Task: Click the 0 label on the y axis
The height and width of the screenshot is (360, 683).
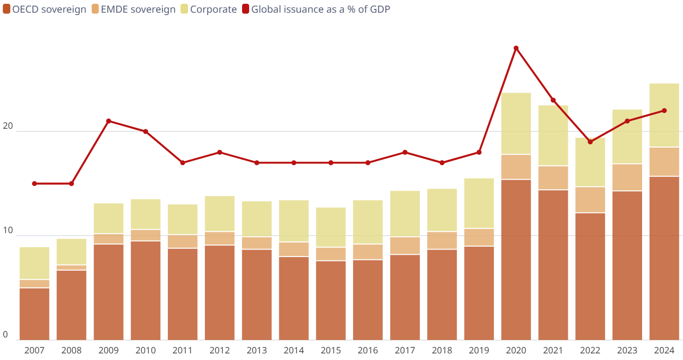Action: tap(6, 335)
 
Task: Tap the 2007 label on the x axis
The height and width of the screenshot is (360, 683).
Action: tap(34, 351)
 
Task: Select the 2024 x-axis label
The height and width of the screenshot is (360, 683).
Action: tap(664, 351)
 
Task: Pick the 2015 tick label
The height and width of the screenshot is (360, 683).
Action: tap(331, 351)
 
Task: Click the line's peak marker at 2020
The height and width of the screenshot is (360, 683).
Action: tap(516, 48)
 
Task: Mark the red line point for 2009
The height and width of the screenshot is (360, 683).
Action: tap(109, 121)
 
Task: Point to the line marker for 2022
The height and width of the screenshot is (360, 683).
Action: tap(590, 142)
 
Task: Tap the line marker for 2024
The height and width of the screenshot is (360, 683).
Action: tap(664, 110)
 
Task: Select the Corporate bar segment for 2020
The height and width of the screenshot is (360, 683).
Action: tap(516, 124)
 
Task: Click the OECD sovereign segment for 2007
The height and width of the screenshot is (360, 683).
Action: tap(34, 314)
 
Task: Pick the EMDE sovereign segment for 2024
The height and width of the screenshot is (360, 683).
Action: tap(664, 162)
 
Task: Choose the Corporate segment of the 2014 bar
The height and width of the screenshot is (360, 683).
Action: tap(294, 221)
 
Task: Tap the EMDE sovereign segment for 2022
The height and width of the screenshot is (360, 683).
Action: tap(590, 200)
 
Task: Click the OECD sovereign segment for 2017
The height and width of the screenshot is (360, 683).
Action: tap(405, 297)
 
